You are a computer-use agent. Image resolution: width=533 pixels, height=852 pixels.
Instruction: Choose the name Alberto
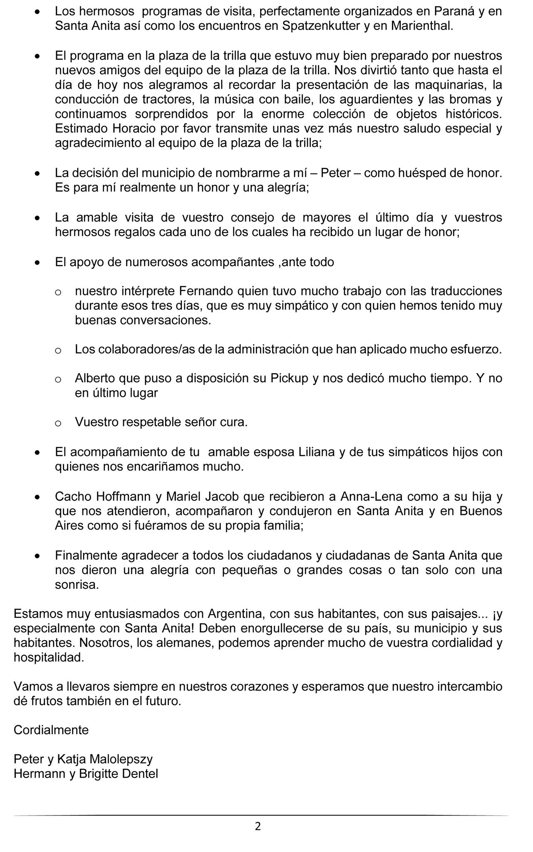[95, 378]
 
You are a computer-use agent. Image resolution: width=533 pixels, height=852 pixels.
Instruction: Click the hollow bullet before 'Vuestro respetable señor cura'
[58, 424]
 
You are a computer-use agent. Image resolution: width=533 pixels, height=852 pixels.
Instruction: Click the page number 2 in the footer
[258, 825]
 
